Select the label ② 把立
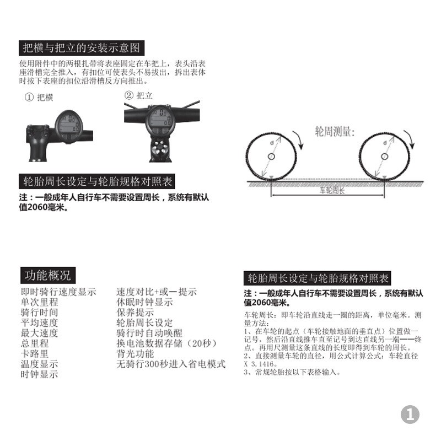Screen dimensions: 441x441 tap(138, 95)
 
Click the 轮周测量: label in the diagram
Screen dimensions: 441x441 tap(335, 132)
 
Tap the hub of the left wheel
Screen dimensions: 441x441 tap(271, 157)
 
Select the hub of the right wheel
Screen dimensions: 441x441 tap(384, 157)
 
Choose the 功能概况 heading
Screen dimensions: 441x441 tap(47, 275)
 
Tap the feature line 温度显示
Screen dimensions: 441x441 tap(39, 364)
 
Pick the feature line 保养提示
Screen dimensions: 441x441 tap(135, 312)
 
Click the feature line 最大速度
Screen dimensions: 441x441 tap(39, 333)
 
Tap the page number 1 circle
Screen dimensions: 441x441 tap(410, 415)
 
